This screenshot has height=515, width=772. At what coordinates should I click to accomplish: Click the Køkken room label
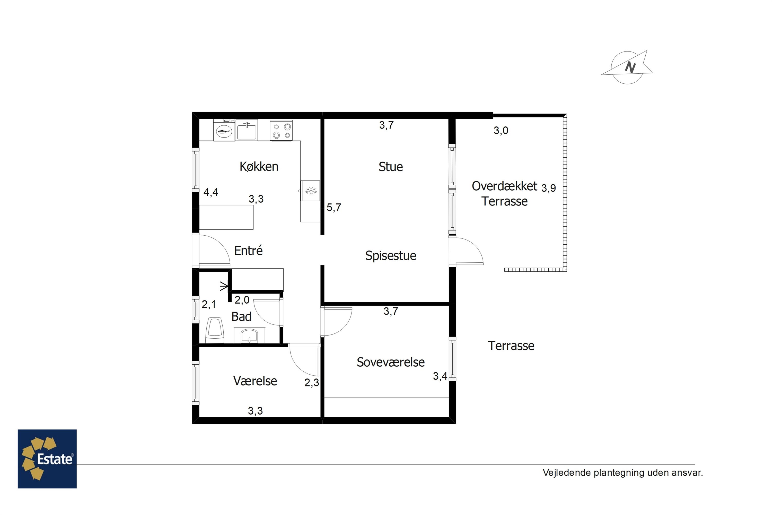pos(259,167)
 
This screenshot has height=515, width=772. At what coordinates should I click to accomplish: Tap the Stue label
pos(391,167)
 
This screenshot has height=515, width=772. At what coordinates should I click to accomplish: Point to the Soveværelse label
pos(391,362)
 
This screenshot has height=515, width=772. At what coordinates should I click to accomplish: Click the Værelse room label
pos(255,381)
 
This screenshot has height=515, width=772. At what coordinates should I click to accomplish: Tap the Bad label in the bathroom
pos(241,317)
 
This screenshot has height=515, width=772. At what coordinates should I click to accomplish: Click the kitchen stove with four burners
pos(281,130)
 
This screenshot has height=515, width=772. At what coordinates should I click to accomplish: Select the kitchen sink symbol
pos(247,130)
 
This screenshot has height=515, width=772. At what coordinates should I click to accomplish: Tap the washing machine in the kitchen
pos(224,130)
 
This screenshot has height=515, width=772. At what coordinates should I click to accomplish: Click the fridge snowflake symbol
pos(311,191)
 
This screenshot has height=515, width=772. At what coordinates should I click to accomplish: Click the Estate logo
pos(47,459)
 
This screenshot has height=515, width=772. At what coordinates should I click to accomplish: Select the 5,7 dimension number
pos(334,208)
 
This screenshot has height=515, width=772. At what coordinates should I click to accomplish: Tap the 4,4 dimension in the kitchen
pos(211,192)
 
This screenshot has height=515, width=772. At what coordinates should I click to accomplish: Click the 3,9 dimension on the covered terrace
pos(548,188)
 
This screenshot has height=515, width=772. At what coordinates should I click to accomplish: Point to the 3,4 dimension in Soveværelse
pos(440,376)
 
